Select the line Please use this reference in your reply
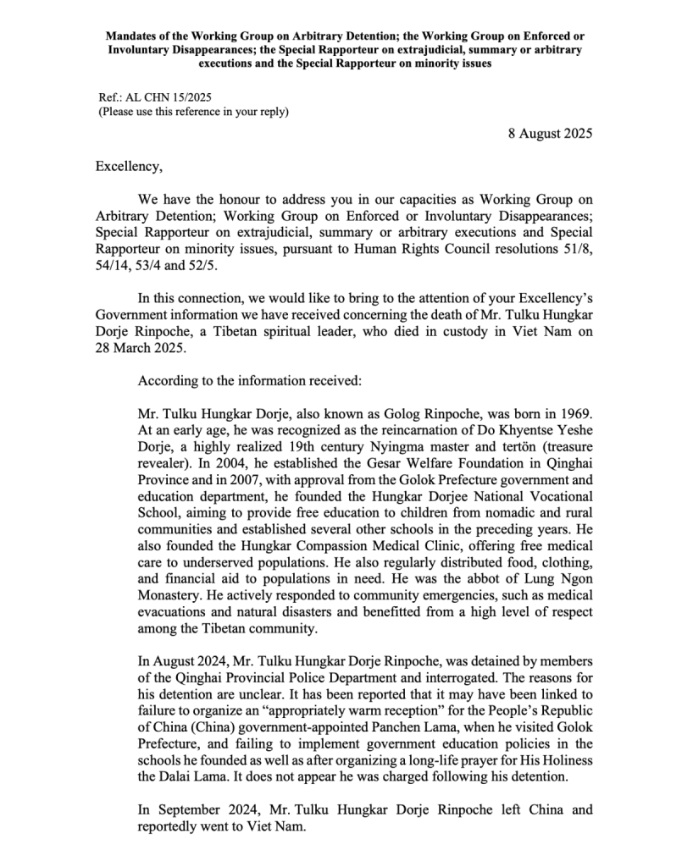193,112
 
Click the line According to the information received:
249,381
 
